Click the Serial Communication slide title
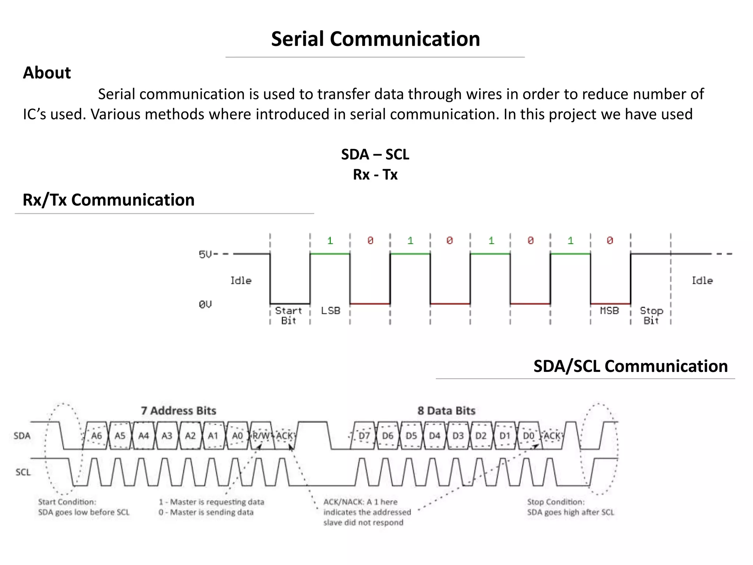pos(375,39)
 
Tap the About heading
pos(47,72)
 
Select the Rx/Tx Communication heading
pos(108,200)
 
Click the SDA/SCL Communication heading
pos(630,366)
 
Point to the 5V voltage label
pos(206,254)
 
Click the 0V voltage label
pos(205,304)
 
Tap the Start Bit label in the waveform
pos(289,315)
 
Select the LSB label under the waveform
pos(331,311)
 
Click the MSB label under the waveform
pos(609,311)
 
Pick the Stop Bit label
pos(651,315)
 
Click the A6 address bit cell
pos(96,436)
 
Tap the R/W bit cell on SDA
pos(261,436)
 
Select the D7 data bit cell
pos(364,436)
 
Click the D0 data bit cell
pos(528,436)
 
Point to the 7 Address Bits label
pos(179,411)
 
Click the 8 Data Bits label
pos(446,411)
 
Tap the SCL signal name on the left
pos(23,472)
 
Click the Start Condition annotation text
pos(84,507)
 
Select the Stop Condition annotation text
pos(571,507)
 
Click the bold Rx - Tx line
pos(375,174)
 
